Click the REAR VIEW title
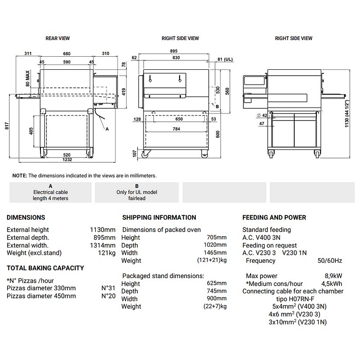point(58,39)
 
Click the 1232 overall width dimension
point(67,159)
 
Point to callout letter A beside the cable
point(107,129)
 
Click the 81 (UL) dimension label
point(225,59)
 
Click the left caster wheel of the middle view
point(147,155)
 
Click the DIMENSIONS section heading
point(26,217)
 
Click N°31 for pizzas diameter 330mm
point(108,288)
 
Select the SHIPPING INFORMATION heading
point(159,217)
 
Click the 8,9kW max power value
point(333,276)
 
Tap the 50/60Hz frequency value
point(330,261)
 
